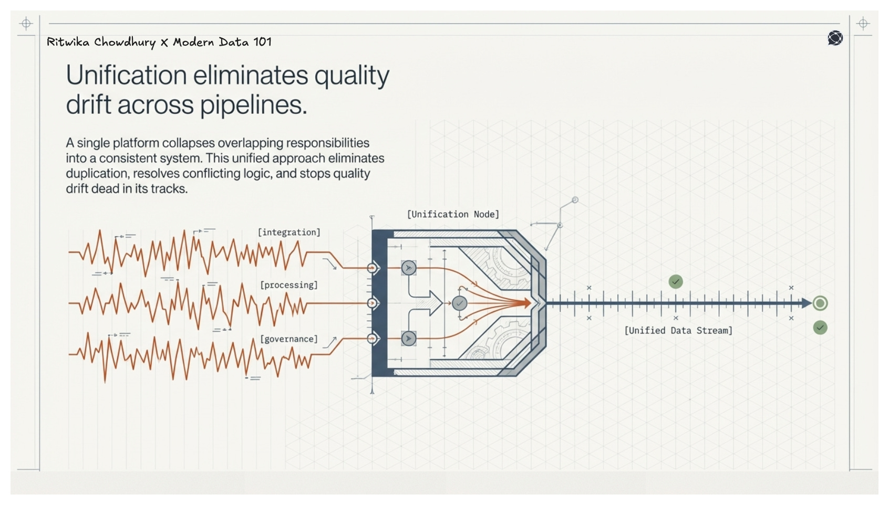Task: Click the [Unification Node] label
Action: [x=453, y=214]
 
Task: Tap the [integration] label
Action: [x=288, y=232]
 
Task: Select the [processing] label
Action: [x=289, y=285]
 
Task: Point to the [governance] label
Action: [x=289, y=339]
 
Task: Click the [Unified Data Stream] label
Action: [x=678, y=330]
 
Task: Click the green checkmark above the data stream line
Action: [x=676, y=282]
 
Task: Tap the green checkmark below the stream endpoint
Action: [x=820, y=328]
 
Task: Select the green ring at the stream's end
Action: [x=820, y=303]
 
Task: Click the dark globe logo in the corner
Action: [x=835, y=38]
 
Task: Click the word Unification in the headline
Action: [x=126, y=75]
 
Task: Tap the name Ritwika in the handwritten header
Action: [x=68, y=42]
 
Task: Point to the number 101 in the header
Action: [x=262, y=42]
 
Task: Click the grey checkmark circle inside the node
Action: [x=459, y=303]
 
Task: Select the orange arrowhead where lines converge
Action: [x=526, y=303]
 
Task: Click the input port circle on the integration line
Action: [x=373, y=268]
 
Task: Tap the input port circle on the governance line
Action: [x=373, y=339]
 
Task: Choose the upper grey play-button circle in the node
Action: [x=408, y=268]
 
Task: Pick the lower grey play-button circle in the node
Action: [x=408, y=339]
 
